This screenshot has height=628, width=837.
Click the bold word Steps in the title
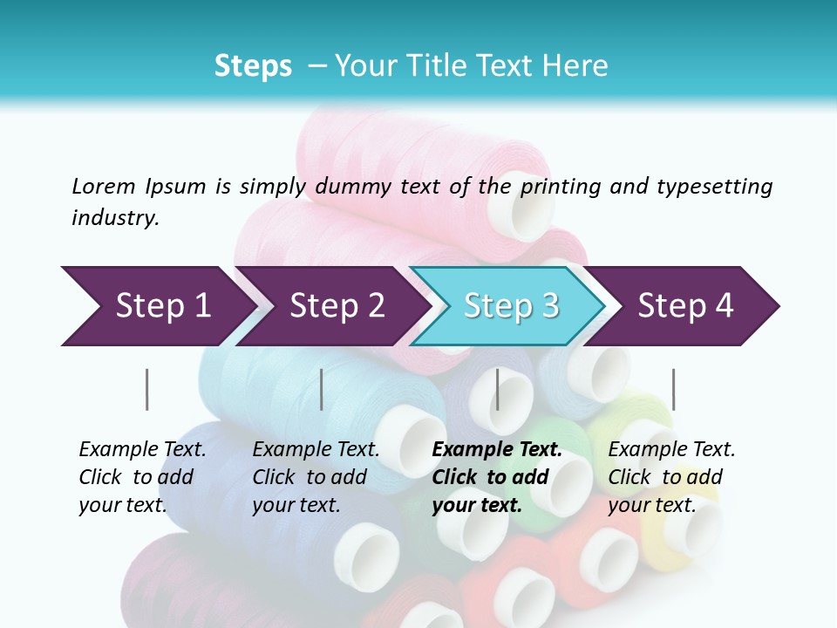(253, 66)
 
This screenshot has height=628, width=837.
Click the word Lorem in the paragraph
(103, 186)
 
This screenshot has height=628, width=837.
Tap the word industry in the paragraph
(114, 217)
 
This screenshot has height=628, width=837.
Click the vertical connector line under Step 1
(147, 389)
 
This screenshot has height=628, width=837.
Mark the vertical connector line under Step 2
(322, 389)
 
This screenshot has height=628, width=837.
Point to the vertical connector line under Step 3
(497, 389)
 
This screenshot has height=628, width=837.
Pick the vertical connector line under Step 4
(673, 389)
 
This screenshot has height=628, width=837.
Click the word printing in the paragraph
(562, 186)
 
